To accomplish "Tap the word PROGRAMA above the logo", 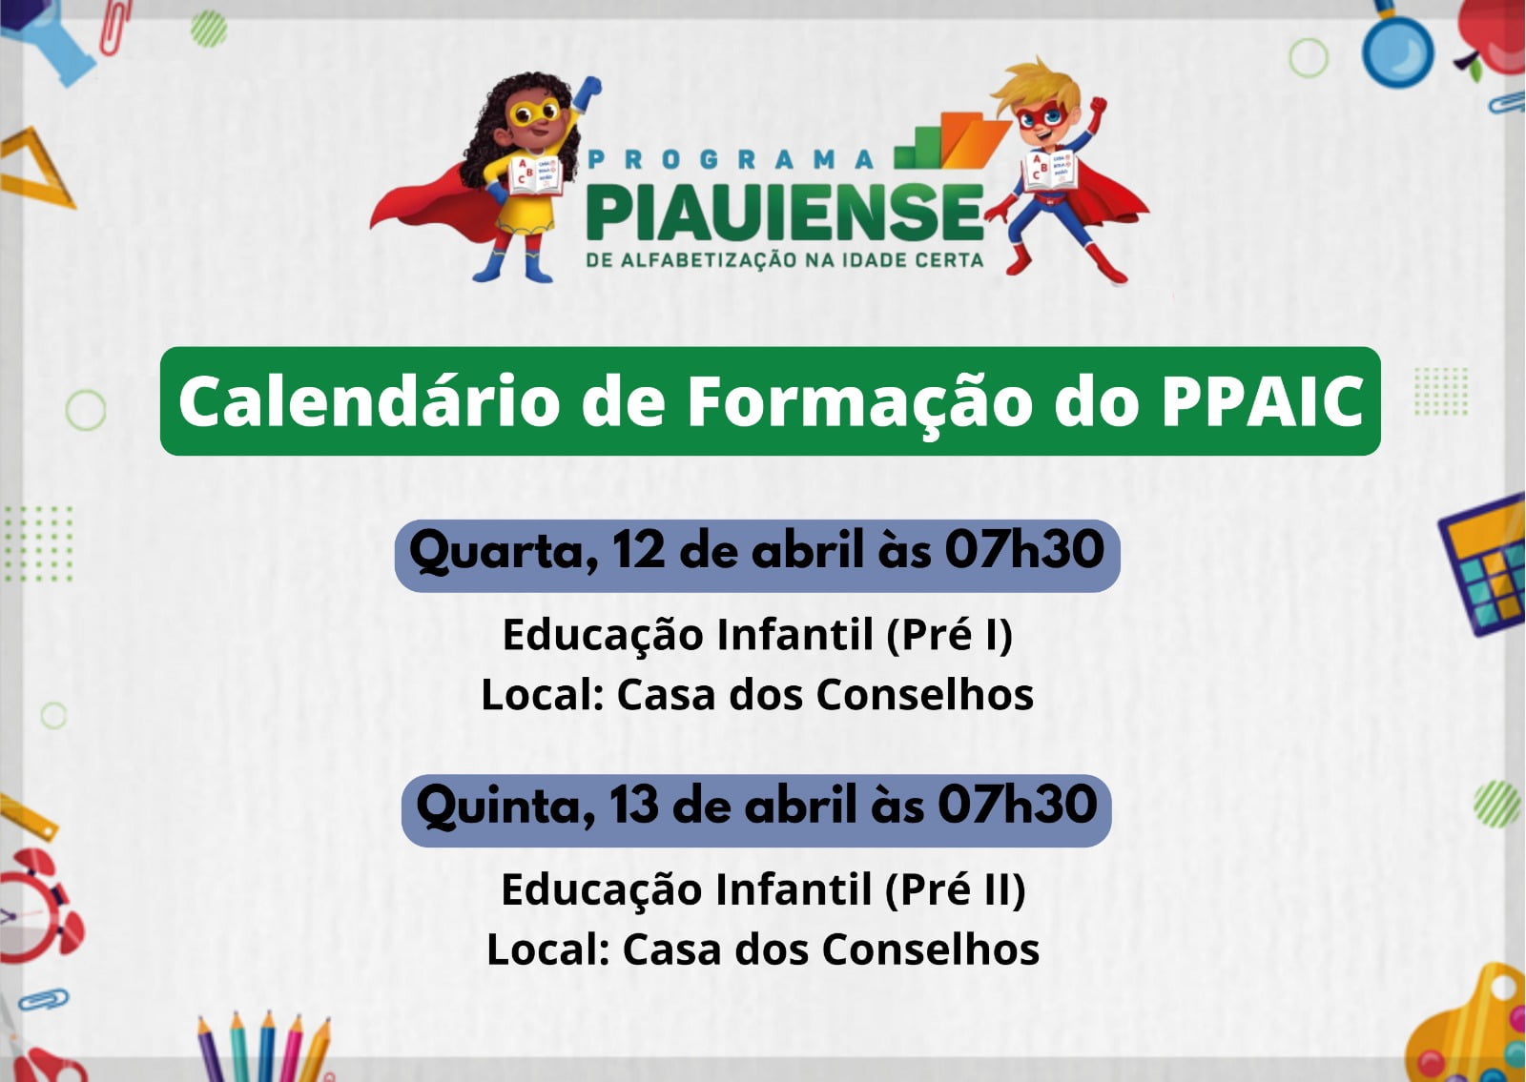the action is point(731,159).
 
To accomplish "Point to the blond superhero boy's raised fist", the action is point(1098,106).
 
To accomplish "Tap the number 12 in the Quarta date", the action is point(638,550).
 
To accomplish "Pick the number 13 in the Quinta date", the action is point(633,805).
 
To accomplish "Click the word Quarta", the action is point(504,553).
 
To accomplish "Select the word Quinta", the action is point(505,807).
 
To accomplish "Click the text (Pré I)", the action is point(949,635).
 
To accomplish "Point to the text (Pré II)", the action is point(955,890).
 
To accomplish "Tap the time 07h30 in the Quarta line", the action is point(1024,549).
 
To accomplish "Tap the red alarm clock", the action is point(37,907).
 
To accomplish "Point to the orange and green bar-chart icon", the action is point(953,141).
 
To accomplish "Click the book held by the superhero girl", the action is point(535,175).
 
